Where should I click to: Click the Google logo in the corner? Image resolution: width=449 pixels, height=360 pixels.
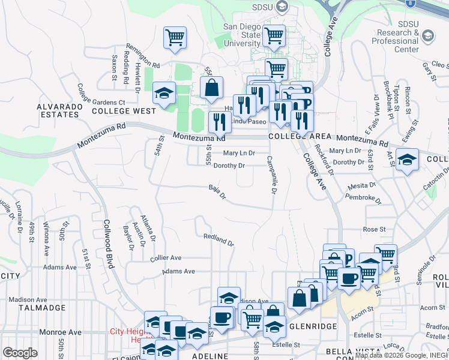[x=20, y=353]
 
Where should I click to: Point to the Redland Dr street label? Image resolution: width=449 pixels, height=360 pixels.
[x=218, y=239]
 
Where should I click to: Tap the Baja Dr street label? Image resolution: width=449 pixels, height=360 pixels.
[x=217, y=191]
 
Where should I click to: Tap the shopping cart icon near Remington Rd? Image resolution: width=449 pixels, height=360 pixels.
[x=175, y=38]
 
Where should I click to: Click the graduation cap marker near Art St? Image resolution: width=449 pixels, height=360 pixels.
[x=408, y=160]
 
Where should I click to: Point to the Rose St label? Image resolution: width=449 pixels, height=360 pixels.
[x=373, y=229]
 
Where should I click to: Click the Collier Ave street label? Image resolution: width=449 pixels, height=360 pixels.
[x=166, y=257]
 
